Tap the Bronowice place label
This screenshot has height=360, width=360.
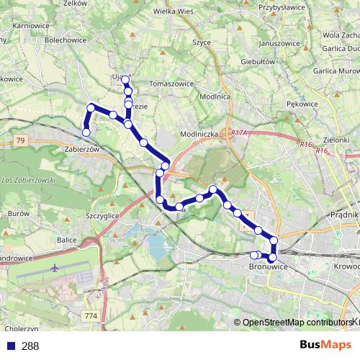point(268,267)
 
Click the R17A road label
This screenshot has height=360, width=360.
point(240,132)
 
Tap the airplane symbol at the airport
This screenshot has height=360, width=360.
point(56,268)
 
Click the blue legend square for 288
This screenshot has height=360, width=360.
point(10,346)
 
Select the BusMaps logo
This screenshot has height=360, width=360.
point(324,346)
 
